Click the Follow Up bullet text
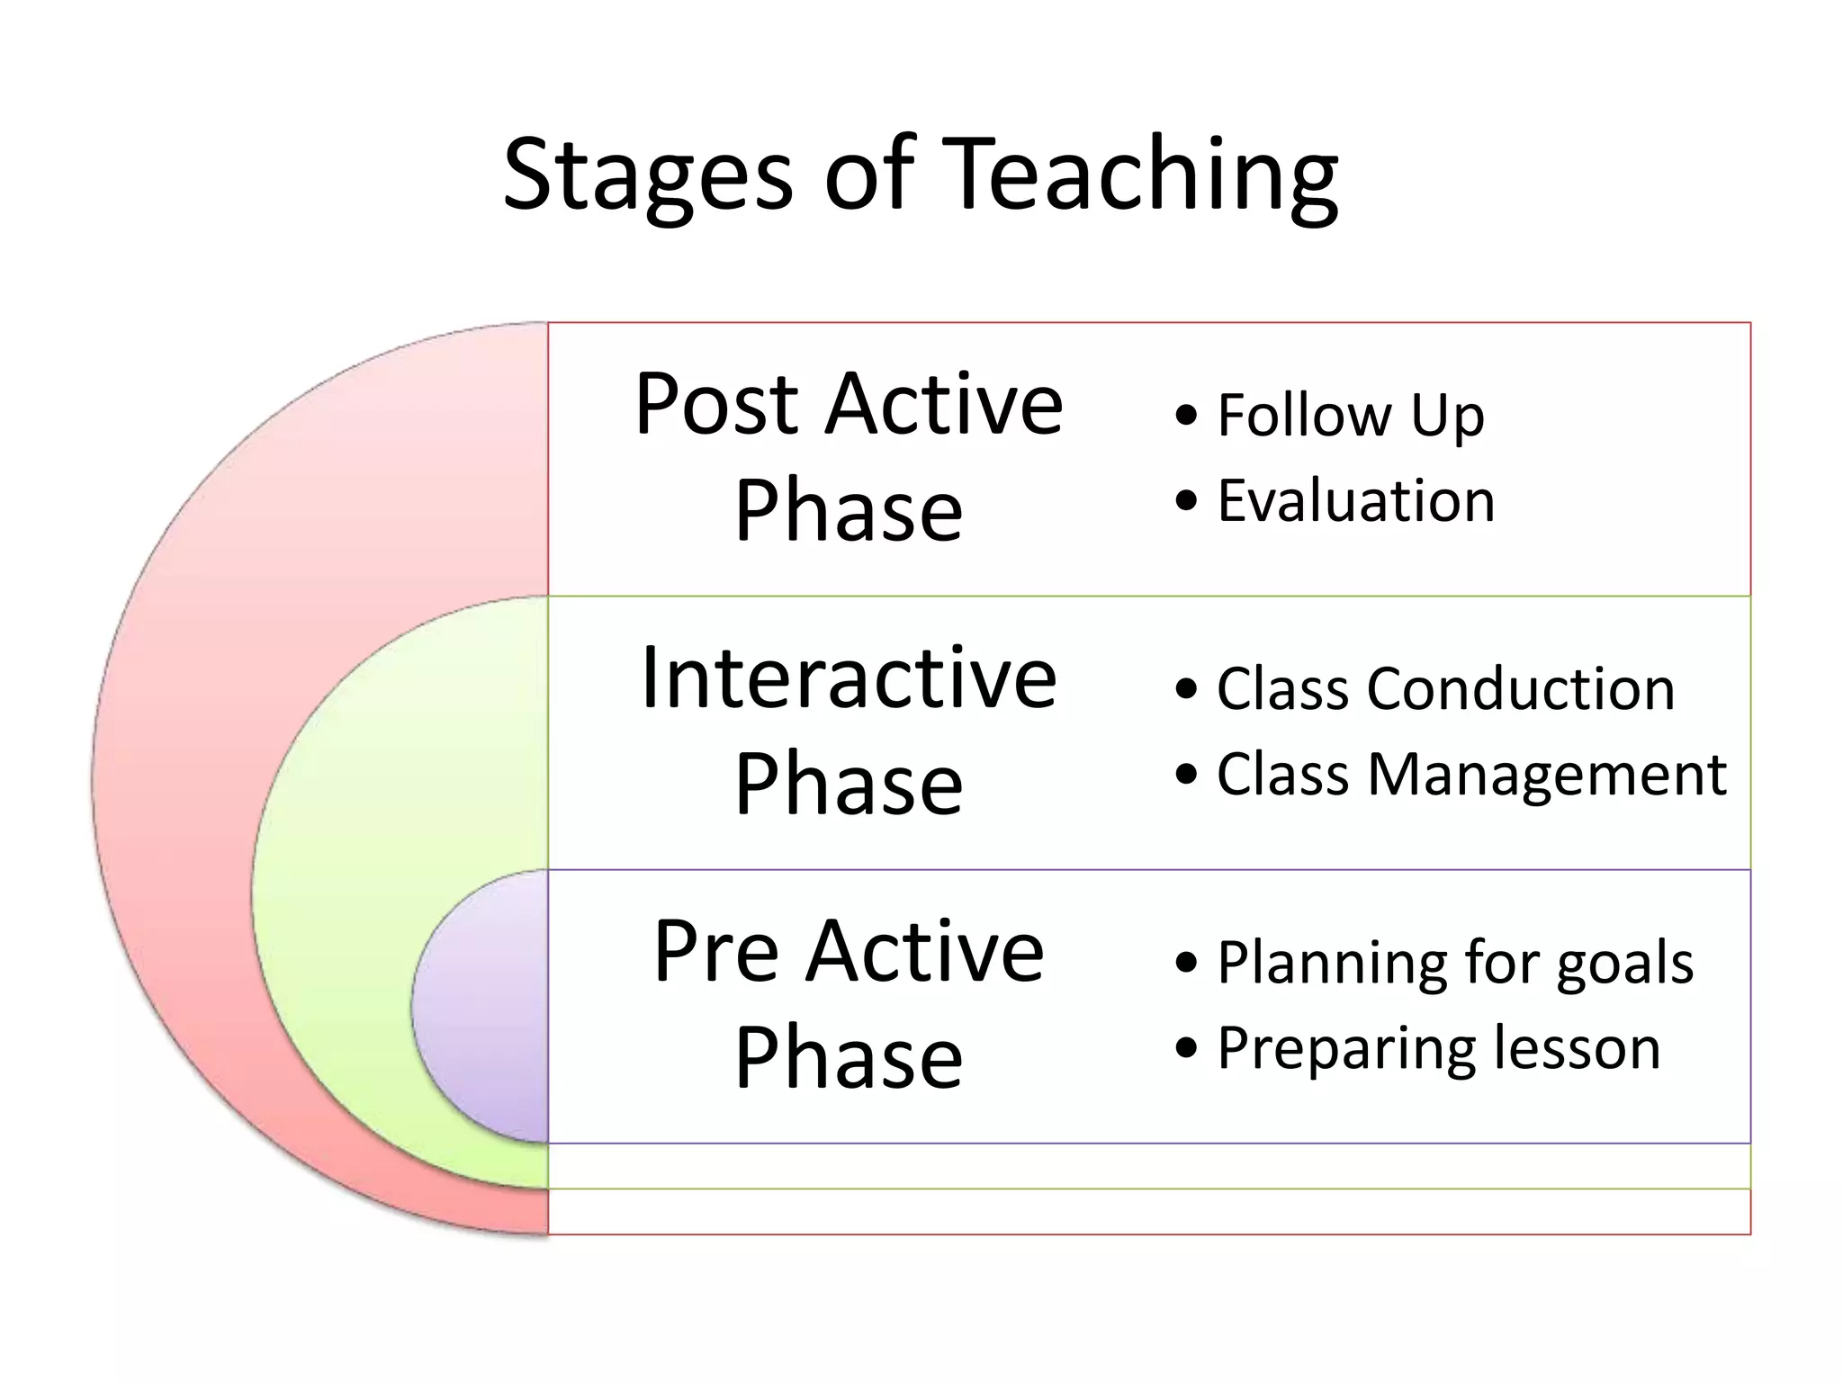(1350, 416)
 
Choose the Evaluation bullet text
(1355, 500)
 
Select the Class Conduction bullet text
(1445, 689)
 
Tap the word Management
(1547, 775)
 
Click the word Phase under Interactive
(849, 785)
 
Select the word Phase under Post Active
(849, 511)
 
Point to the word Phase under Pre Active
(849, 1058)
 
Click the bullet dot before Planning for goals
(1187, 963)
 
